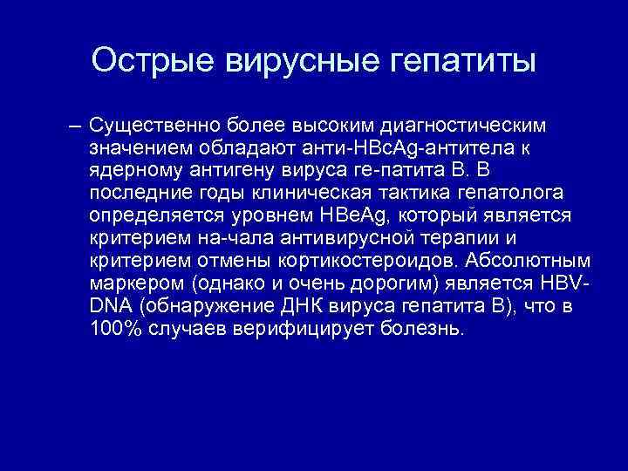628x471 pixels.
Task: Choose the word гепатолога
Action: [x=489, y=194]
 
